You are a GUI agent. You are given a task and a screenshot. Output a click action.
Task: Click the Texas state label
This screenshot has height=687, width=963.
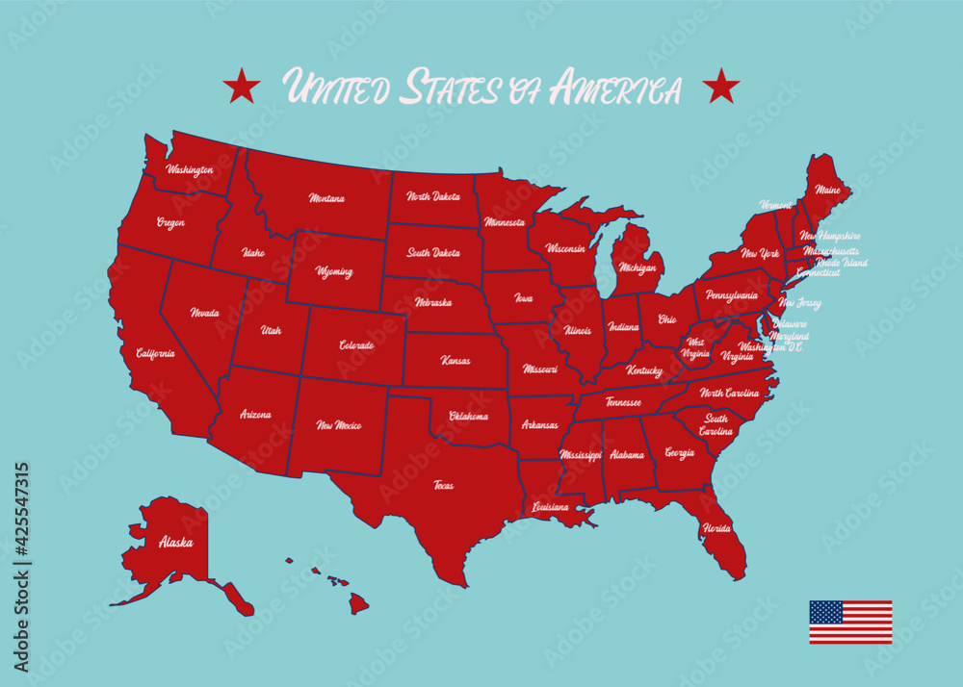pyautogui.click(x=444, y=485)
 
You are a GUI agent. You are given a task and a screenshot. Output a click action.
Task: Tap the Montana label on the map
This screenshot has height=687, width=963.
pyautogui.click(x=326, y=198)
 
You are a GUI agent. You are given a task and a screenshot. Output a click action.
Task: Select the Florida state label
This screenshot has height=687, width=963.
pyautogui.click(x=716, y=528)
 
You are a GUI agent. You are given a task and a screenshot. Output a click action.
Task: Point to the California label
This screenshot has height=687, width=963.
pyautogui.click(x=155, y=353)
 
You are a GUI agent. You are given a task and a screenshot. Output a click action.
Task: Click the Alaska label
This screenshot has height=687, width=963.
pyautogui.click(x=175, y=543)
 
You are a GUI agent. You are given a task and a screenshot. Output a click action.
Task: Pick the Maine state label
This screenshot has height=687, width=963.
pyautogui.click(x=827, y=191)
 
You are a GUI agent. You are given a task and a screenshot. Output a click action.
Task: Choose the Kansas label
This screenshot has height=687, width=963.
pyautogui.click(x=455, y=361)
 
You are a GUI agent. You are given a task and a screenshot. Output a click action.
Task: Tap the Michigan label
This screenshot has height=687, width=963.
pyautogui.click(x=638, y=268)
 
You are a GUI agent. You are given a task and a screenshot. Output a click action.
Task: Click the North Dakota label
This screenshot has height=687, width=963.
pyautogui.click(x=433, y=196)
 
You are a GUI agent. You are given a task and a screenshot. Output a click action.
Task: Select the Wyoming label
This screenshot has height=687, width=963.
pyautogui.click(x=334, y=272)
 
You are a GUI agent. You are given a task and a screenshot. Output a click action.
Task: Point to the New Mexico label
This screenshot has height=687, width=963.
pyautogui.click(x=339, y=424)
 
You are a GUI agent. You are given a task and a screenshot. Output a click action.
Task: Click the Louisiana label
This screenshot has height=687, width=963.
pyautogui.click(x=550, y=506)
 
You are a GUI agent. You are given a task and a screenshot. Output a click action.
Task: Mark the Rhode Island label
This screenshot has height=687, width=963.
pyautogui.click(x=842, y=262)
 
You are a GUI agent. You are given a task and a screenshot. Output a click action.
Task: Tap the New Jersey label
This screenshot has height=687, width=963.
pyautogui.click(x=800, y=303)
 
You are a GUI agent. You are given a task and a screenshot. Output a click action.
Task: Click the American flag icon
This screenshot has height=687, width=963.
pyautogui.click(x=850, y=622)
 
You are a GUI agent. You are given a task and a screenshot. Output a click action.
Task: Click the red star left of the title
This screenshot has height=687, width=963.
pyautogui.click(x=241, y=87)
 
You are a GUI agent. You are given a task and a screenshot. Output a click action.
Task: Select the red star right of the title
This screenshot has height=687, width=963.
pyautogui.click(x=720, y=87)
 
